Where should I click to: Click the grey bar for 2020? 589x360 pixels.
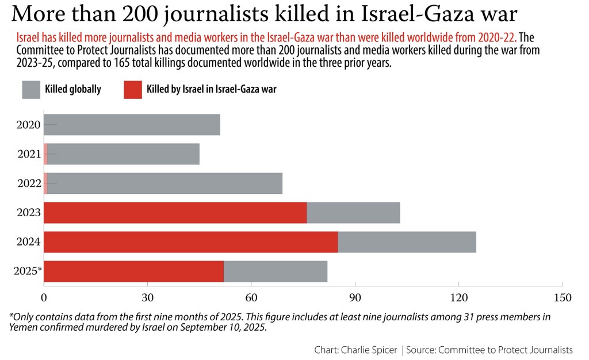tap(132, 125)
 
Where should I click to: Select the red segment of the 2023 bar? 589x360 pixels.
tap(175, 213)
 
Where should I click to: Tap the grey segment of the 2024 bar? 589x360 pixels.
tap(407, 242)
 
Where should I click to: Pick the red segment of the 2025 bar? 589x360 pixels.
tap(133, 271)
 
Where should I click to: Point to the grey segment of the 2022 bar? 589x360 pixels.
tap(165, 183)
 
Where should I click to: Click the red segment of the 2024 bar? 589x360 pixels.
tap(190, 242)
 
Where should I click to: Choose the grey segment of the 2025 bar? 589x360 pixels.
tap(276, 271)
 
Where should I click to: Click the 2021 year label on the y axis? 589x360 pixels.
tap(29, 154)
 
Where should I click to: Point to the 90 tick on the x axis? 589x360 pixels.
tap(355, 298)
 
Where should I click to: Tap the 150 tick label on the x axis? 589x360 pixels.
tap(562, 298)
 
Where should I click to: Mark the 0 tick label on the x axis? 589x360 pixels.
tap(44, 298)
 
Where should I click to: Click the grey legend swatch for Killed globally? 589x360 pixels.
tap(31, 90)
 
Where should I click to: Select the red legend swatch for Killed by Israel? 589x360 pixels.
tap(132, 90)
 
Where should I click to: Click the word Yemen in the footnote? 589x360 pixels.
tap(22, 328)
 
